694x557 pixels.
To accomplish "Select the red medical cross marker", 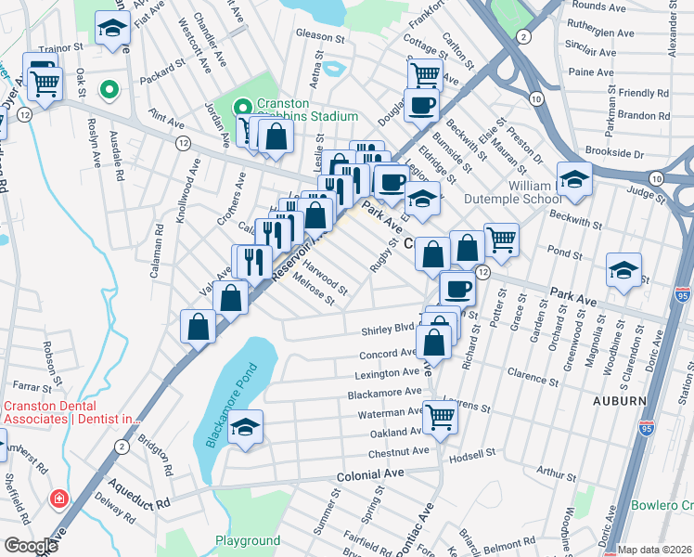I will [x=59, y=499].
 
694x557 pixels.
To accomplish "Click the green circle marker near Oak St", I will [x=109, y=90].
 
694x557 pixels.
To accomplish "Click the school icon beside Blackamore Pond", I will [x=245, y=427].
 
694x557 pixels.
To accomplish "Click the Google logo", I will [x=31, y=546].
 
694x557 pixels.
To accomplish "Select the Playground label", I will [x=248, y=540].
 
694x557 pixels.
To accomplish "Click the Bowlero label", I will [x=662, y=506].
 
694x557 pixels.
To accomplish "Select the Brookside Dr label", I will [x=612, y=152].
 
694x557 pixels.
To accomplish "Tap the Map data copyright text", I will [x=655, y=550].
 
